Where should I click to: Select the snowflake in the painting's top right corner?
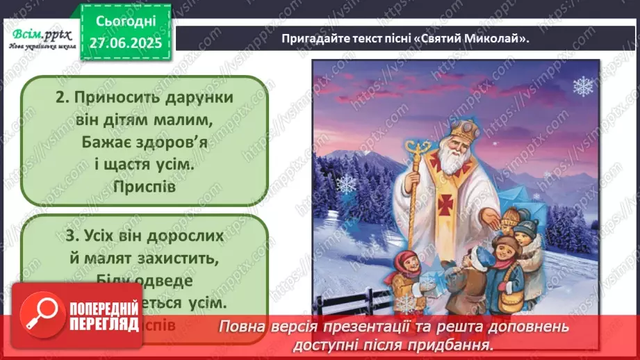[582, 86]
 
